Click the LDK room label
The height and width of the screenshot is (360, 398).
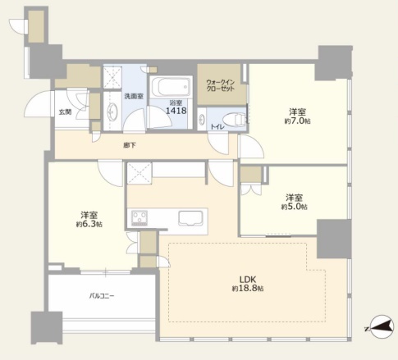[x=248, y=280]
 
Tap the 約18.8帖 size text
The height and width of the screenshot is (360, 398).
[x=248, y=289]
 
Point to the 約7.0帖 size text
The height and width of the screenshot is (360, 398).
[x=297, y=121]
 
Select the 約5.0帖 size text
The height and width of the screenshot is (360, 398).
[x=294, y=207]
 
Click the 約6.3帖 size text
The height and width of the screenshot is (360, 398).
[x=89, y=224]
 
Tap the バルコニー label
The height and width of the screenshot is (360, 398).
[x=102, y=296]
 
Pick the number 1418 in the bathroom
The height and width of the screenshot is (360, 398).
[x=176, y=111]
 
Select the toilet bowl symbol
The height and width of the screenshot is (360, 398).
[x=234, y=120]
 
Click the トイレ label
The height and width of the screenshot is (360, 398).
[x=217, y=127]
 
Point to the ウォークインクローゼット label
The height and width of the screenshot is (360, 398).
[x=221, y=85]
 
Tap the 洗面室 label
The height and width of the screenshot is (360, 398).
[x=134, y=96]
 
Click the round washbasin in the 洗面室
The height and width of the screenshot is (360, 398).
[x=112, y=112]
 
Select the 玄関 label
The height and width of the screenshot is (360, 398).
[x=66, y=112]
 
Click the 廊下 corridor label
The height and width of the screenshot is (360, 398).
[x=130, y=145]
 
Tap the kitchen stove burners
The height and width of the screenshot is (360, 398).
[x=140, y=218]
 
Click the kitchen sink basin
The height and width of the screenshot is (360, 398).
[x=190, y=218]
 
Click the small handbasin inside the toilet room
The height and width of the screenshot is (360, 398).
[x=202, y=119]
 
